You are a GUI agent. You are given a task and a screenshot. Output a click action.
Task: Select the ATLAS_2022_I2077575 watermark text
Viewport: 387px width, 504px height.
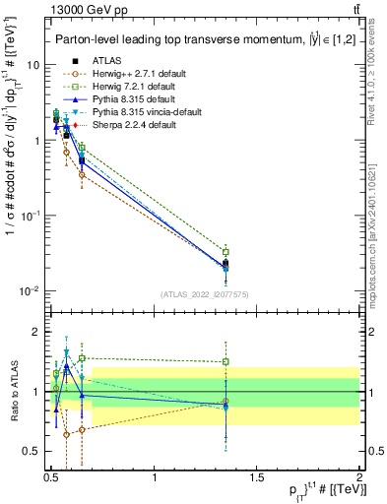[204, 293]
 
